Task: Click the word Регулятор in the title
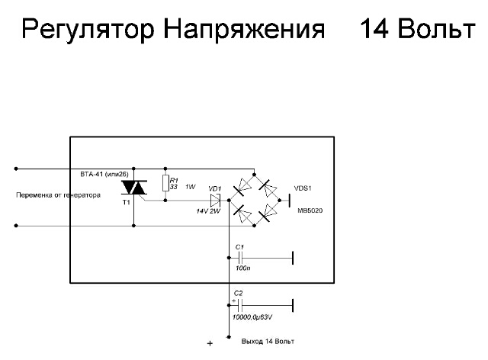[x=88, y=30]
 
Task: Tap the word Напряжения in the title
[x=244, y=29]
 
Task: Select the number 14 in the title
[x=374, y=28]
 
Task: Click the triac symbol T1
[x=134, y=188]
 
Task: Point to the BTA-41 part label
[x=104, y=175]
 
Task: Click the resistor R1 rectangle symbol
[x=165, y=183]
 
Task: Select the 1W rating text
[x=190, y=187]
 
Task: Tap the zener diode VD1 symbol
[x=215, y=201]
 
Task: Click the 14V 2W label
[x=208, y=211]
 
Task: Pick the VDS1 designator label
[x=303, y=188]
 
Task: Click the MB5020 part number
[x=310, y=211]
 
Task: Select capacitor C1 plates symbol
[x=240, y=258]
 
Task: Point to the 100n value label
[x=243, y=268]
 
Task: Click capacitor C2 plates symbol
[x=240, y=306]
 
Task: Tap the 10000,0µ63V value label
[x=252, y=317]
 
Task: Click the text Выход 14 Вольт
[x=268, y=342]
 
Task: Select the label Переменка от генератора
[x=58, y=195]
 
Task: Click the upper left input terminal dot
[x=16, y=169]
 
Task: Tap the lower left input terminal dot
[x=16, y=226]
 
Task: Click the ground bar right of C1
[x=293, y=258]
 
